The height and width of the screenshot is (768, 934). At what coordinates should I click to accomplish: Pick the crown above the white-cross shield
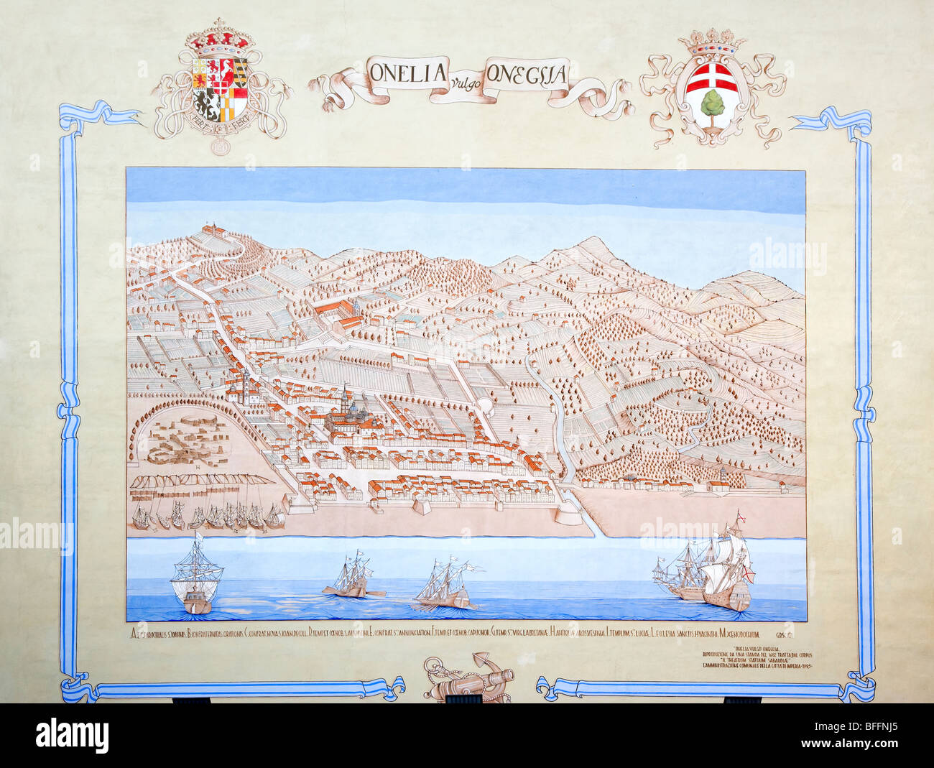point(713,44)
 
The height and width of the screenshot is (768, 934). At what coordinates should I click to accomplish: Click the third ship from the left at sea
point(446,583)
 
